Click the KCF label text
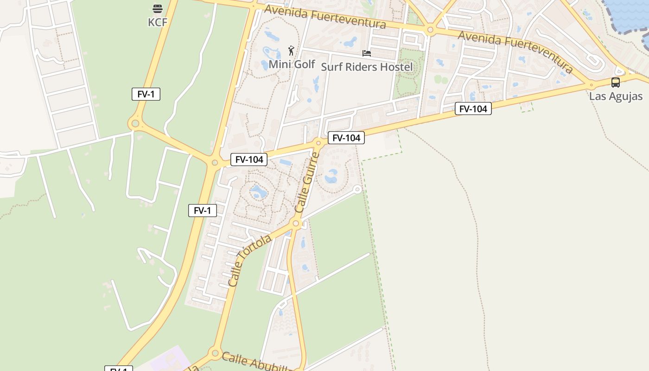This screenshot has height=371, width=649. pyautogui.click(x=158, y=22)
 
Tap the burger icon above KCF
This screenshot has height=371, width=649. pyautogui.click(x=158, y=8)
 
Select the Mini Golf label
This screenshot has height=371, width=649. pyautogui.click(x=292, y=64)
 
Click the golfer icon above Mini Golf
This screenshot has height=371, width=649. pyautogui.click(x=291, y=50)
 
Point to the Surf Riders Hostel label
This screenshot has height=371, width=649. pyautogui.click(x=367, y=67)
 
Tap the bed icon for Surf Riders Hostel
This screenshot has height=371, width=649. pyautogui.click(x=367, y=53)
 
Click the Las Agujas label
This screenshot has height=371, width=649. pyautogui.click(x=616, y=96)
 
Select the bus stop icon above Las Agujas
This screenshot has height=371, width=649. pyautogui.click(x=616, y=83)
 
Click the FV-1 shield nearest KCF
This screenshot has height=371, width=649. pyautogui.click(x=146, y=94)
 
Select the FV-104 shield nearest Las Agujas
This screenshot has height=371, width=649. pyautogui.click(x=473, y=109)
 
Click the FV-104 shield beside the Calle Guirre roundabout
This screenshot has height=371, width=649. pyautogui.click(x=346, y=138)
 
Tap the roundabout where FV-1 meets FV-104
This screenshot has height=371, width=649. pyautogui.click(x=214, y=163)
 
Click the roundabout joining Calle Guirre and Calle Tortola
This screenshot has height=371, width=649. pyautogui.click(x=296, y=224)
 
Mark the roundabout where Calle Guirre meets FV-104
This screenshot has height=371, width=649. pyautogui.click(x=318, y=142)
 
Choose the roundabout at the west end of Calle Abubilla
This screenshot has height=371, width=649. pyautogui.click(x=215, y=353)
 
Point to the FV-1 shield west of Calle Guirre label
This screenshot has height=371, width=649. pyautogui.click(x=203, y=211)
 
